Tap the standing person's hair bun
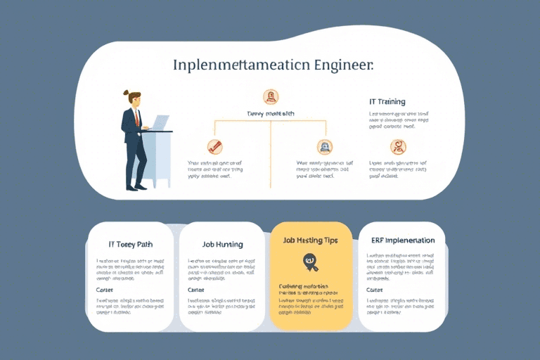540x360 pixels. coord(127,92)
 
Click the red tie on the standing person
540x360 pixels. coord(138,117)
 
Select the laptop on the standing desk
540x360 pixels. coord(160,124)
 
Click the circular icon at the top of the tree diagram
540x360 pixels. coord(271,97)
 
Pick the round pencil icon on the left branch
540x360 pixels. coord(214,147)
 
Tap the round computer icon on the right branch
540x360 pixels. coord(325,147)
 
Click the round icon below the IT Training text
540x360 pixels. coord(398,147)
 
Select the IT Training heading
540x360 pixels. coord(387,101)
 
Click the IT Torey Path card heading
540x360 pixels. coord(131,244)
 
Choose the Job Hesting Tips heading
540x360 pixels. coord(310,240)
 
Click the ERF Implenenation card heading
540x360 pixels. coord(403,240)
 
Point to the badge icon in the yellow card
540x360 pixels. coord(309,262)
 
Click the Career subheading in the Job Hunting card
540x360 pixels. coord(196,290)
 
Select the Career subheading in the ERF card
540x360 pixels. coord(375,290)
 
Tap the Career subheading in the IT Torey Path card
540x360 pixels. coord(104,290)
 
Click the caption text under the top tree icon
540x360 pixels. coord(270,113)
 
